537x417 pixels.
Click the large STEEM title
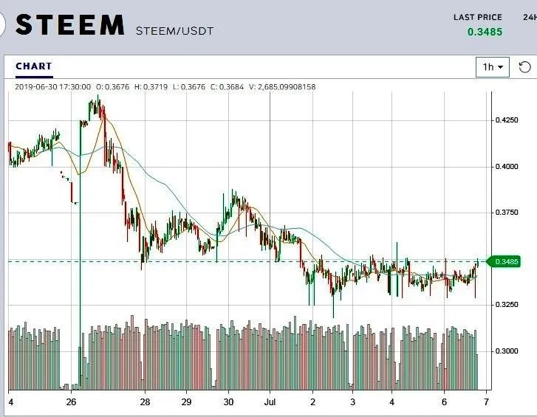tap(69, 25)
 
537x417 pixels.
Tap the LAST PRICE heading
tap(477, 17)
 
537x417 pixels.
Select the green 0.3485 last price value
tap(484, 32)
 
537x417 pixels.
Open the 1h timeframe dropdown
tap(493, 67)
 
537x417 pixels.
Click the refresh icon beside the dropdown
tap(524, 67)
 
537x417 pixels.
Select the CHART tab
tap(34, 66)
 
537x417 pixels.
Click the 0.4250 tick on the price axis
tap(506, 120)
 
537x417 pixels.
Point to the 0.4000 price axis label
tap(506, 166)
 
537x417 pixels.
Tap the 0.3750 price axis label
tap(506, 213)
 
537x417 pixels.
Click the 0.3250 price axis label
tap(506, 304)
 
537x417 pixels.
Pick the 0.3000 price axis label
tap(506, 351)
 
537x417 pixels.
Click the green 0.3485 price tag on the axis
tap(507, 261)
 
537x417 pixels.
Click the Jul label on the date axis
tap(270, 402)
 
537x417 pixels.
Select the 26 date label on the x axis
tap(71, 402)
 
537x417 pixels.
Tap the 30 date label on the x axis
tap(229, 402)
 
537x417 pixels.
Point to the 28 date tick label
tap(146, 402)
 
